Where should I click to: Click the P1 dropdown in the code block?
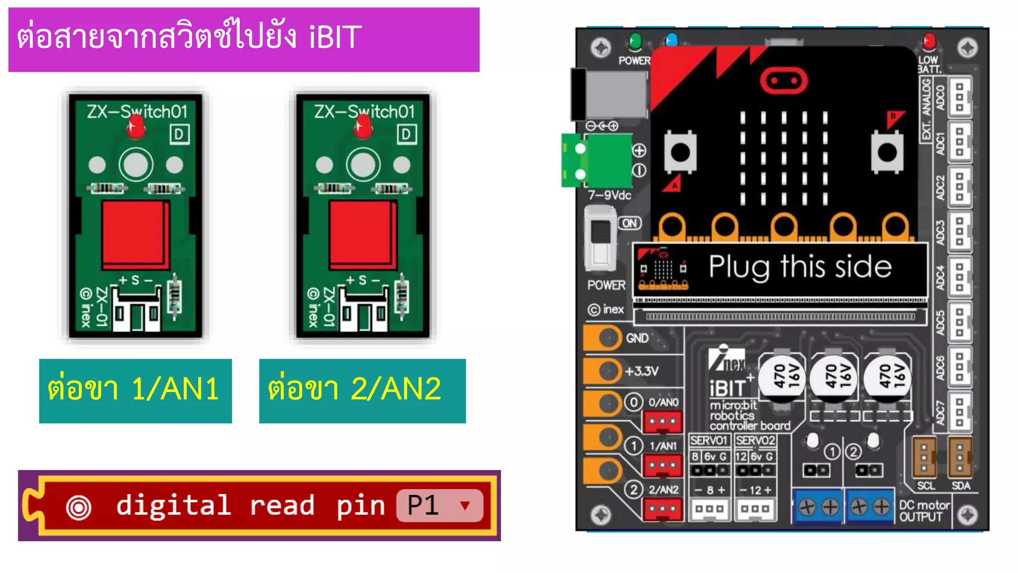[439, 505]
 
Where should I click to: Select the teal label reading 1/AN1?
[135, 390]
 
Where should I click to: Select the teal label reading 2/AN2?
[362, 390]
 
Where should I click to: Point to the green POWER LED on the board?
[635, 41]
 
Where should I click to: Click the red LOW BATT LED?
[929, 41]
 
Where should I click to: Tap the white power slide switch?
[600, 239]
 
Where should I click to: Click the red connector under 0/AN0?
[663, 422]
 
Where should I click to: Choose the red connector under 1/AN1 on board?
[663, 466]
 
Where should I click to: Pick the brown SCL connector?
[925, 457]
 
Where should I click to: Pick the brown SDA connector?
[960, 457]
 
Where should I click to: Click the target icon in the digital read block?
[79, 507]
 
